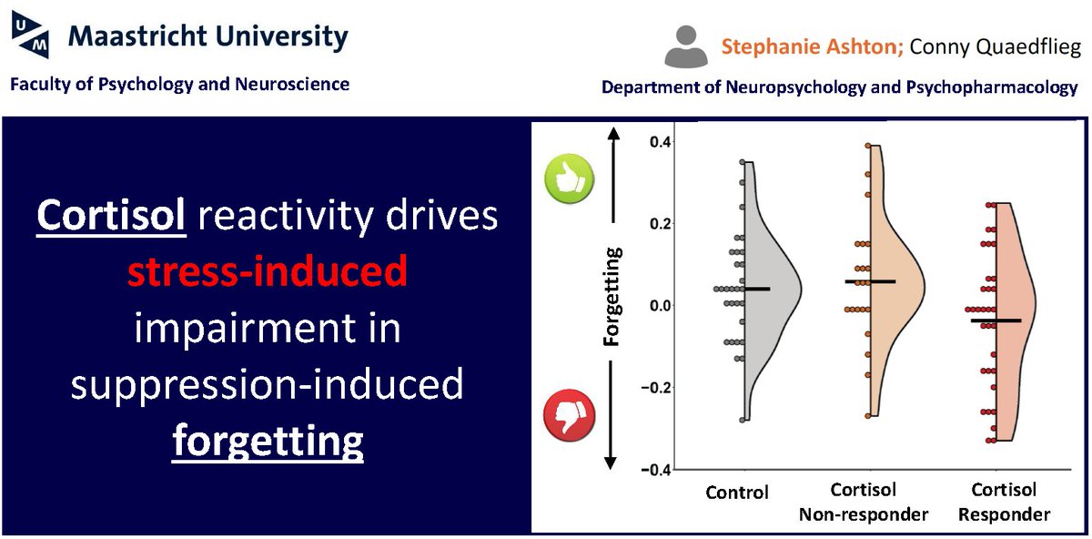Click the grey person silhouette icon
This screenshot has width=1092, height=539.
(x=685, y=46)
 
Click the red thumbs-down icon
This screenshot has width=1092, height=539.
(x=568, y=417)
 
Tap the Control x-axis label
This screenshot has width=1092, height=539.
(x=737, y=493)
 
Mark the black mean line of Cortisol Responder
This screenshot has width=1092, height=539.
(x=996, y=320)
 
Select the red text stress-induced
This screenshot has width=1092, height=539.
(x=268, y=272)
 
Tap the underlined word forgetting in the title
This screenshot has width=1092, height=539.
(x=268, y=442)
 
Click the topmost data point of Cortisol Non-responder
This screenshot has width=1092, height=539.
(x=868, y=146)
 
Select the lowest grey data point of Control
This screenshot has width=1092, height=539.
(x=743, y=420)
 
